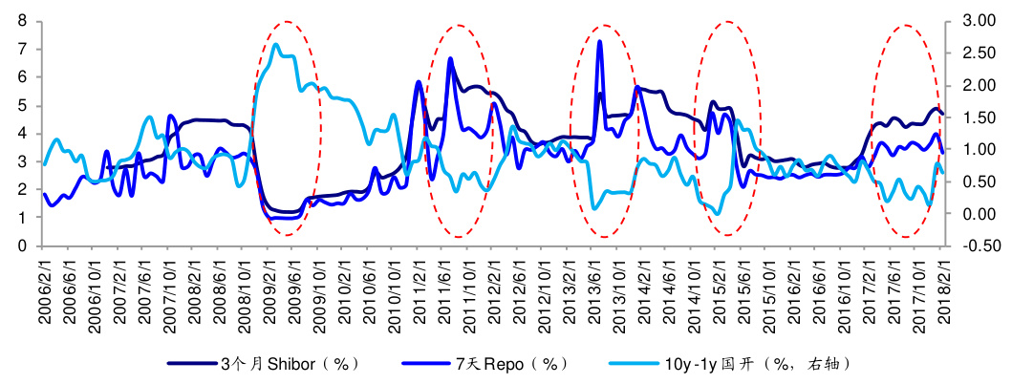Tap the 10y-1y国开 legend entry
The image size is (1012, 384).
pyautogui.click(x=754, y=364)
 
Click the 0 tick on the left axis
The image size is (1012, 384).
pyautogui.click(x=21, y=245)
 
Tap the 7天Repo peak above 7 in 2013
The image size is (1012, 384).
pyautogui.click(x=599, y=41)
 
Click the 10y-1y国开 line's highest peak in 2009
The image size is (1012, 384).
pyautogui.click(x=276, y=44)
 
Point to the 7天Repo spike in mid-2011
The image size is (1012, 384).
pyautogui.click(x=450, y=59)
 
